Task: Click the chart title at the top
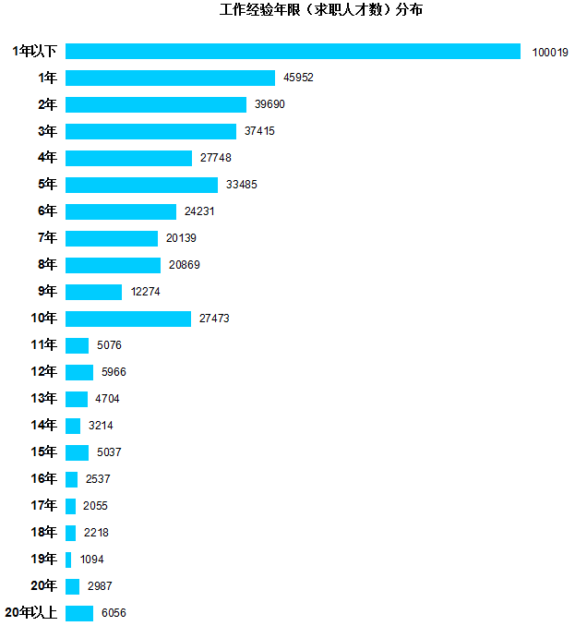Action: pyautogui.click(x=321, y=10)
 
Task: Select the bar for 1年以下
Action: pyautogui.click(x=293, y=52)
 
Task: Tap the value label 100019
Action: pyautogui.click(x=550, y=52)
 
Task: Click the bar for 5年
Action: pyautogui.click(x=141, y=185)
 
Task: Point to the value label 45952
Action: pyautogui.click(x=299, y=78)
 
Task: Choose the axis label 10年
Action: pyautogui.click(x=44, y=319)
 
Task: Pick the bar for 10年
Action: pyautogui.click(x=128, y=319)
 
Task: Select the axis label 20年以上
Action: pyautogui.click(x=31, y=613)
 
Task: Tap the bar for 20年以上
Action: pyautogui.click(x=79, y=613)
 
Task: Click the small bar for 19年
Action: pyautogui.click(x=68, y=560)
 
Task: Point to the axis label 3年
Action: pyautogui.click(x=47, y=131)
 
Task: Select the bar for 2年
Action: pyautogui.click(x=156, y=104)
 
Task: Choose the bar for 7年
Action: pyautogui.click(x=112, y=238)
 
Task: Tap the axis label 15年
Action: pyautogui.click(x=44, y=452)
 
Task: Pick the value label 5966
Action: pyautogui.click(x=114, y=372)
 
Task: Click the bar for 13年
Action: pyautogui.click(x=77, y=399)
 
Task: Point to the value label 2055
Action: pyautogui.click(x=96, y=506)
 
